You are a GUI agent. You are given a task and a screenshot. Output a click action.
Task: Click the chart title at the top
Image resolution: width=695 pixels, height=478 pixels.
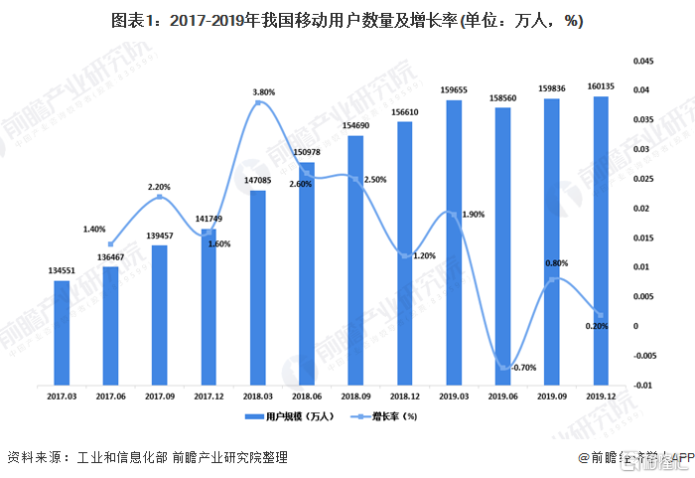(x=347, y=21)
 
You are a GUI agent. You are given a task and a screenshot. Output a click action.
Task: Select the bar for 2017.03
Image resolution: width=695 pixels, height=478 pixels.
(x=62, y=332)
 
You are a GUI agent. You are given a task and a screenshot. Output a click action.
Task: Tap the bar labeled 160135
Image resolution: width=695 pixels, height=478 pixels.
(x=601, y=239)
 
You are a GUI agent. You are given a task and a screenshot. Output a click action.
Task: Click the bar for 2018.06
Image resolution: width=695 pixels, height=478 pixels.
(x=307, y=272)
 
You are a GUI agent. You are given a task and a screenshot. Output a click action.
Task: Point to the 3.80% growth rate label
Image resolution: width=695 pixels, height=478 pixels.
(x=263, y=92)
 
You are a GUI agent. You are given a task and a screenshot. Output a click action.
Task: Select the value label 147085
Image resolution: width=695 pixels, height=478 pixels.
(x=257, y=181)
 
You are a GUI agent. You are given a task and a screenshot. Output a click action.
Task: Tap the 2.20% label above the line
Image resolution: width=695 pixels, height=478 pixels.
(x=160, y=186)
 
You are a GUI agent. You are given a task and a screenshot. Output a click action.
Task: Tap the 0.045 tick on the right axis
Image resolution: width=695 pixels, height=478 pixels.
(x=645, y=62)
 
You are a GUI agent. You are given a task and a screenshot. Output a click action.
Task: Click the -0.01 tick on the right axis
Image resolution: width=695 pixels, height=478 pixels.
(x=644, y=385)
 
